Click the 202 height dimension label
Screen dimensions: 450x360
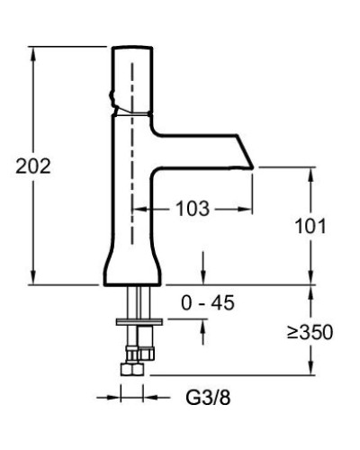[x=22, y=166]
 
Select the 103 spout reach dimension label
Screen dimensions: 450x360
[x=192, y=208]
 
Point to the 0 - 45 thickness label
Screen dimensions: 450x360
[x=207, y=303]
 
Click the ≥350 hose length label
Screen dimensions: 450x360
[x=310, y=332]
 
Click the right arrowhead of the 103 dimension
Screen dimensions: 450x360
[x=250, y=208]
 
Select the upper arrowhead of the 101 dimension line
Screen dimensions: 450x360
[x=312, y=171]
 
